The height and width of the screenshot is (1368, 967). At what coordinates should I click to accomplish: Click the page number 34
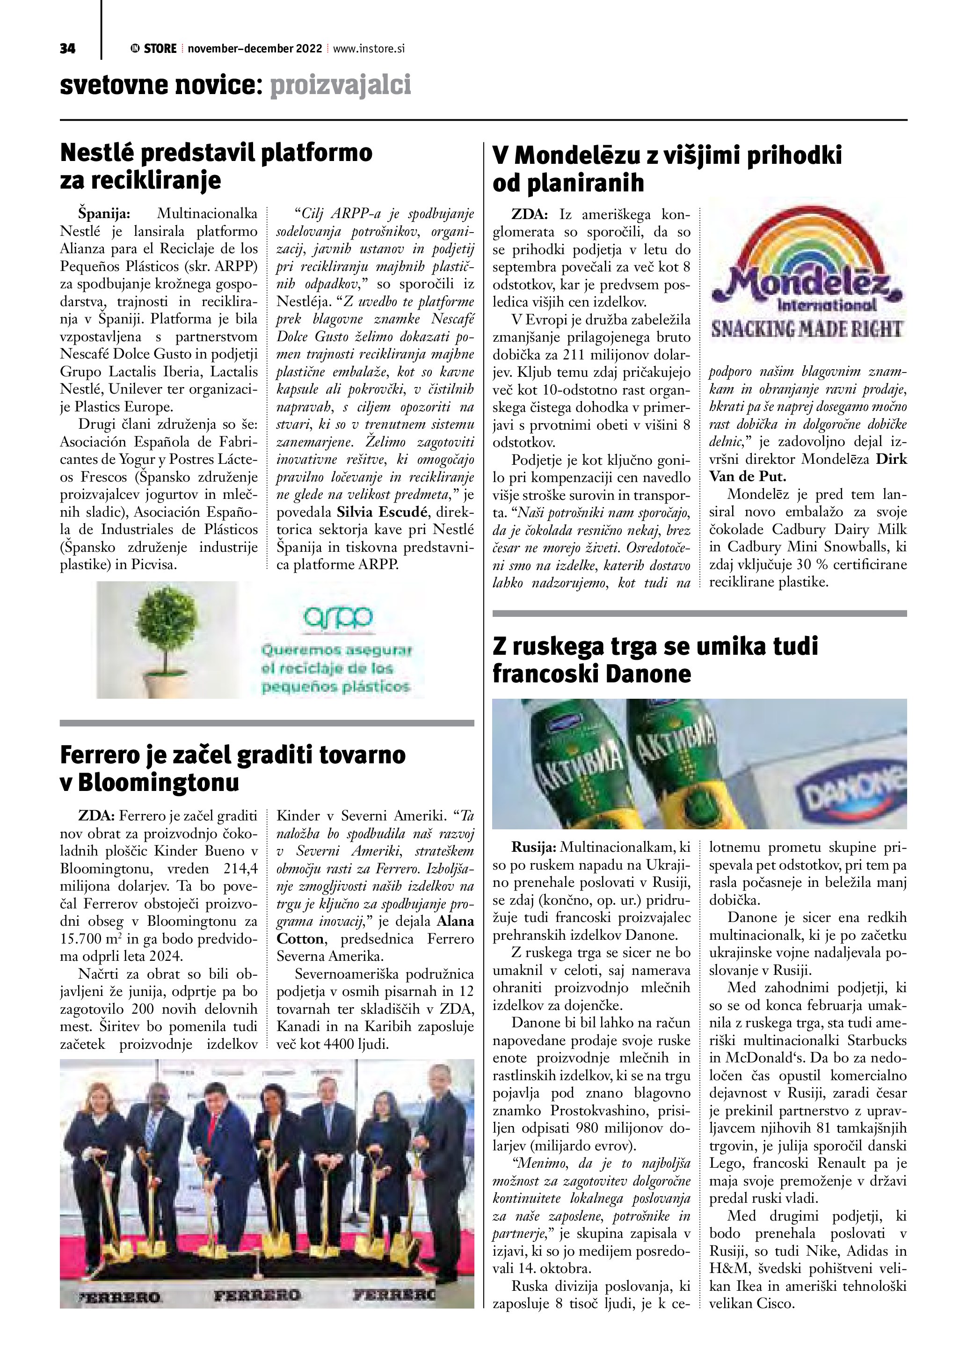coord(67,49)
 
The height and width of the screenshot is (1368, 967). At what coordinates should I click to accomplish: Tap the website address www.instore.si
coord(369,49)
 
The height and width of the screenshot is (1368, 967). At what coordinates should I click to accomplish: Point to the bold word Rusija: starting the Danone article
coord(533,847)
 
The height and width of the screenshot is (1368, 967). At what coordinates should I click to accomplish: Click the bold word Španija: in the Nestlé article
coord(103,213)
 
